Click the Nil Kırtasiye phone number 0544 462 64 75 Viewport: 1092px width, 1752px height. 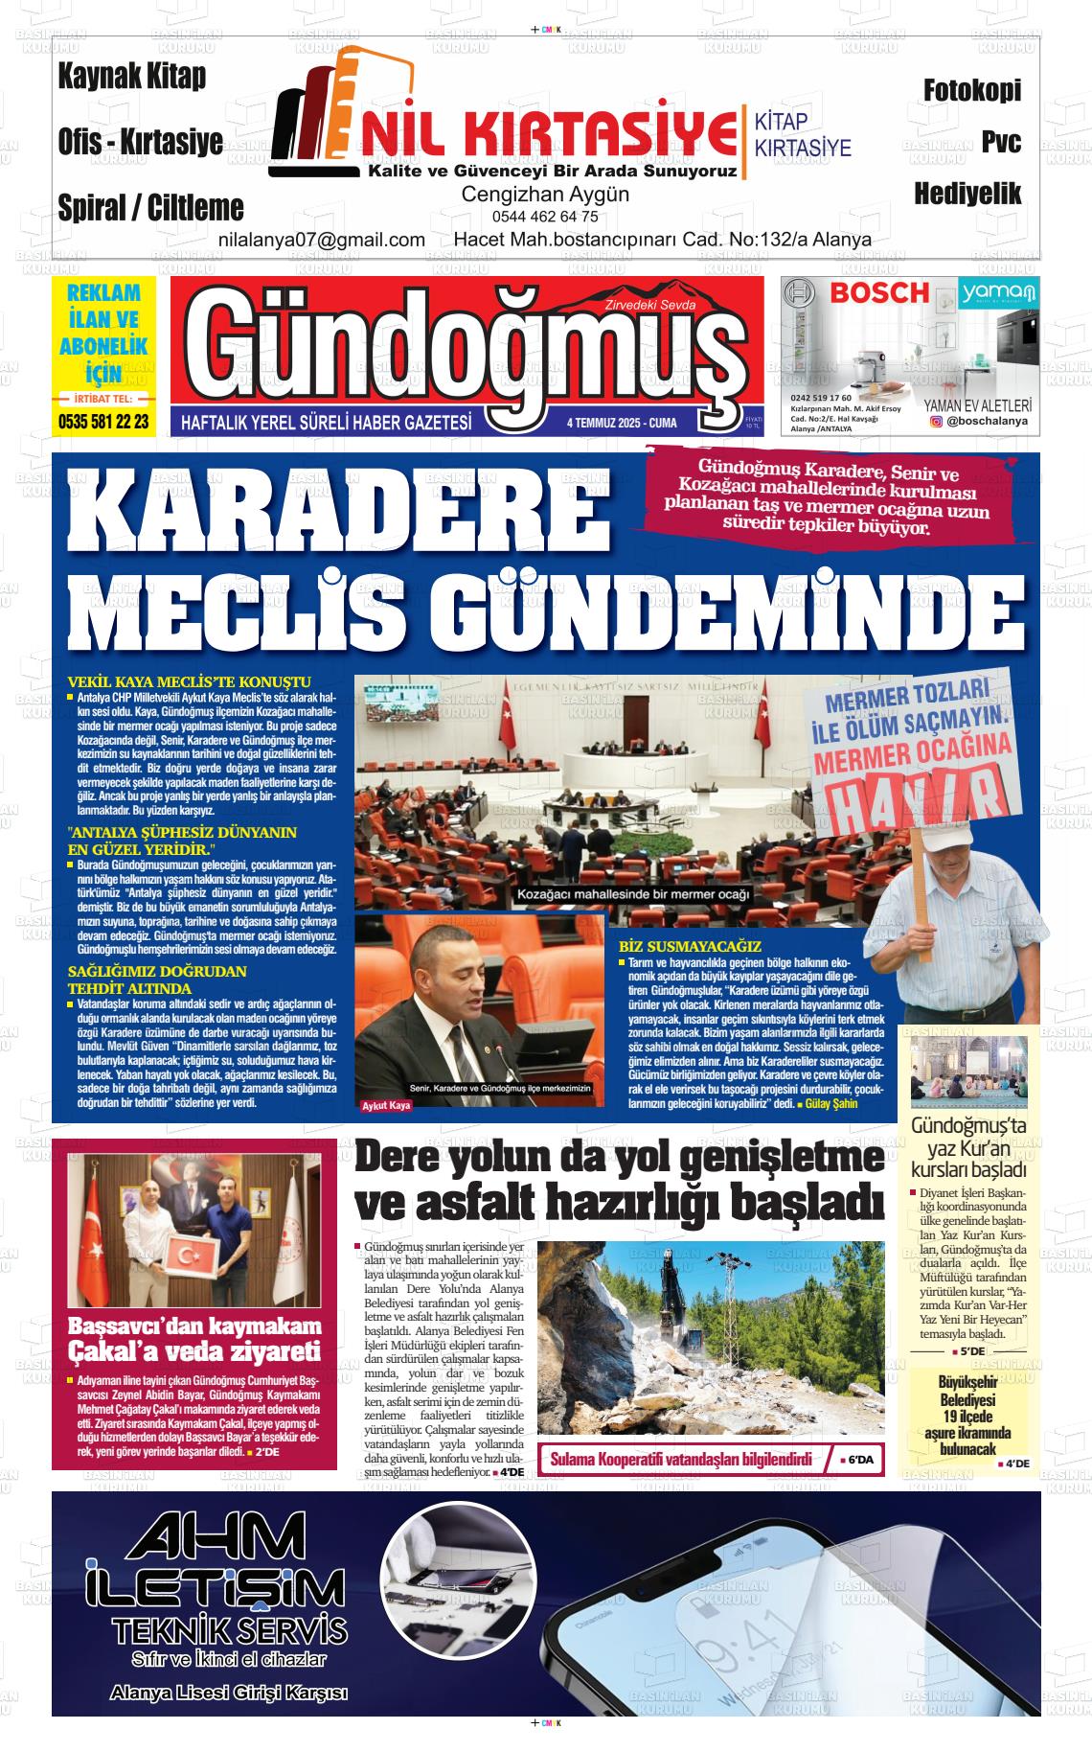[x=545, y=217]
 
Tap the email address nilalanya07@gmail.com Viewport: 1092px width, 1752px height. [x=322, y=240]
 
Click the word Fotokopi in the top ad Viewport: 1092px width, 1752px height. [x=971, y=91]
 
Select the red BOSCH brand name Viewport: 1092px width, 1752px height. [x=879, y=292]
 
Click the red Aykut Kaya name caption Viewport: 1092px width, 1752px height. [x=385, y=1106]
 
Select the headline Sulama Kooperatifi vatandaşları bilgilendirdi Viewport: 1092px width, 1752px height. [x=680, y=1460]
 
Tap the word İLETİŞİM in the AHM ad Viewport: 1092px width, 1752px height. [x=216, y=1586]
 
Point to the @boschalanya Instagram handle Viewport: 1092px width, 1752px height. [x=987, y=421]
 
